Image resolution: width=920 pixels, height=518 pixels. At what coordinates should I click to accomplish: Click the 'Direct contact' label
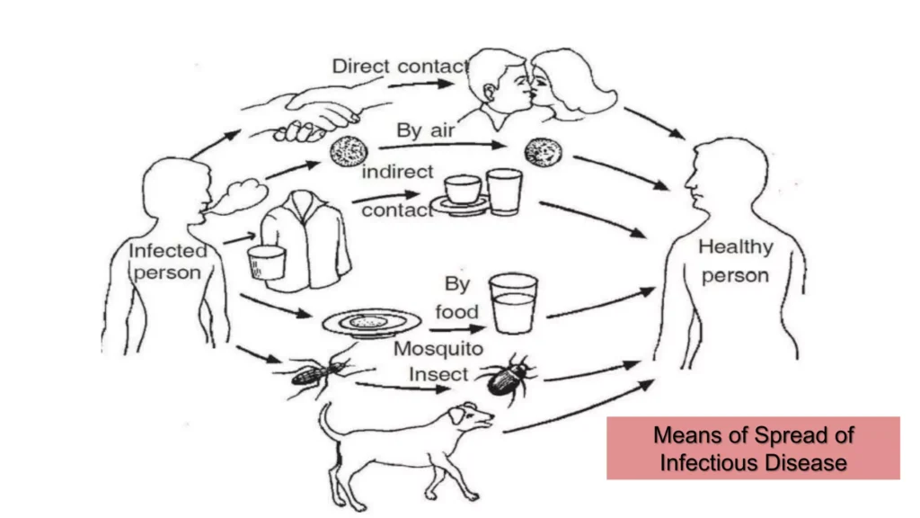point(401,66)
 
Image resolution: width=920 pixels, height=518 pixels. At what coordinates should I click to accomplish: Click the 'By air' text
point(426,130)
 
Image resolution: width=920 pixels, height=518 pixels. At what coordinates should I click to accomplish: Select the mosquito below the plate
point(314,369)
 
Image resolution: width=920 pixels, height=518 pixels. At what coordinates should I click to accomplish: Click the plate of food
point(369,321)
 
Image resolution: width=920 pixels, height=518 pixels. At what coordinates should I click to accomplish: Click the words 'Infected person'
point(167,261)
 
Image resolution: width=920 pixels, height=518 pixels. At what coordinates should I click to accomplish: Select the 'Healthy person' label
point(735,261)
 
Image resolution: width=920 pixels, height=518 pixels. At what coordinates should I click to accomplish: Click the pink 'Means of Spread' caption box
point(753,448)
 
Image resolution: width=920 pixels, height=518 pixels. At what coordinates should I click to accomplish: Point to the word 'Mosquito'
point(438,348)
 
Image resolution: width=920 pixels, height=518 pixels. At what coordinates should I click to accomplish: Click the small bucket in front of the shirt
point(266,262)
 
